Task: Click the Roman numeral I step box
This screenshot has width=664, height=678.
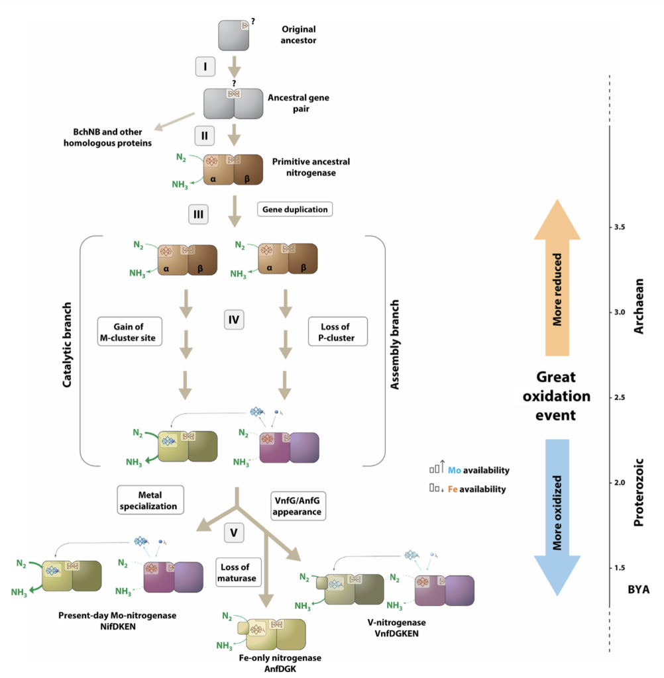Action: tap(205, 67)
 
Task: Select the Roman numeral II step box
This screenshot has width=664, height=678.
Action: tap(205, 136)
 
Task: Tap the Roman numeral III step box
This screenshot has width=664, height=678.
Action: tap(198, 215)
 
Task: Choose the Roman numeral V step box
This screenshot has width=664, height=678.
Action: tap(233, 532)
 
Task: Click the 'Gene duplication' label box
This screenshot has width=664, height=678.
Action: tap(294, 209)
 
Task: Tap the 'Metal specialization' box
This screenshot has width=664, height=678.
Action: tap(150, 501)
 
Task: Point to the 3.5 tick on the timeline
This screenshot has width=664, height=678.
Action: tap(611, 227)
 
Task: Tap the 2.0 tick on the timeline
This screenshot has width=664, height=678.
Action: tap(611, 483)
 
